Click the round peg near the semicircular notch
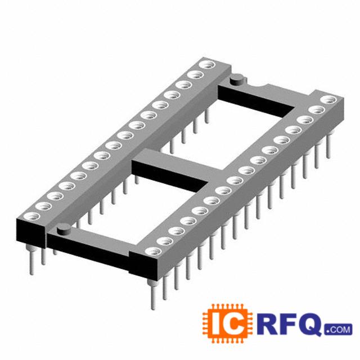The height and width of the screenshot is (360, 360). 236,79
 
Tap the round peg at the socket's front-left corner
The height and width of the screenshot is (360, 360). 64,228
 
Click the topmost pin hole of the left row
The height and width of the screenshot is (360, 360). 207,65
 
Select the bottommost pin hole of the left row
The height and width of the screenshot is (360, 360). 32,216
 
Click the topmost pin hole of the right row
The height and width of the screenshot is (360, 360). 328,100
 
